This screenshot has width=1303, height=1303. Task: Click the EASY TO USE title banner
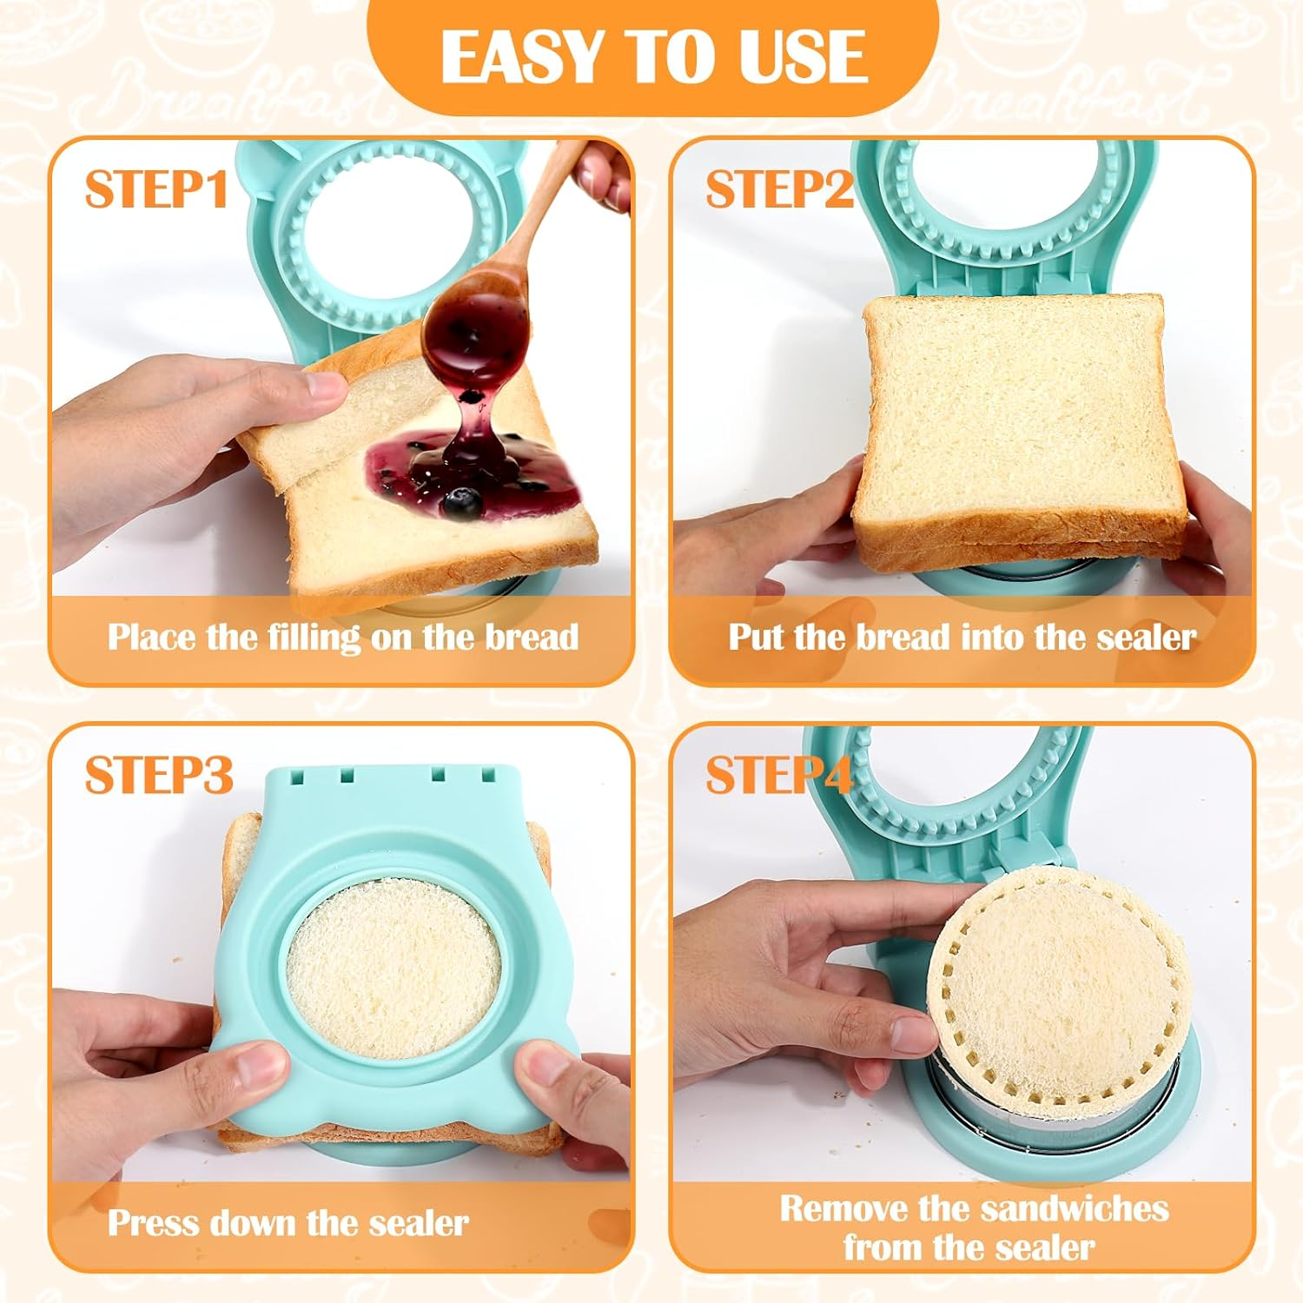point(653,56)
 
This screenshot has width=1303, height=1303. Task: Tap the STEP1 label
point(156,189)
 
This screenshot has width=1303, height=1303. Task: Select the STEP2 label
point(779,189)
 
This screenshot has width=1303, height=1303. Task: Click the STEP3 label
point(159,774)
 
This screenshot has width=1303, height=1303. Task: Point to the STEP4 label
point(779,774)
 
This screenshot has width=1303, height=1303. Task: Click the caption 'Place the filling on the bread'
point(342,638)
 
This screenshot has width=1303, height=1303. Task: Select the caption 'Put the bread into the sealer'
point(962,638)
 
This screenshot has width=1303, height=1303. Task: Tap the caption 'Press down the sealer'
point(288,1223)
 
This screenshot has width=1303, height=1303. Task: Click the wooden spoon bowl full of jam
point(474,325)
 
